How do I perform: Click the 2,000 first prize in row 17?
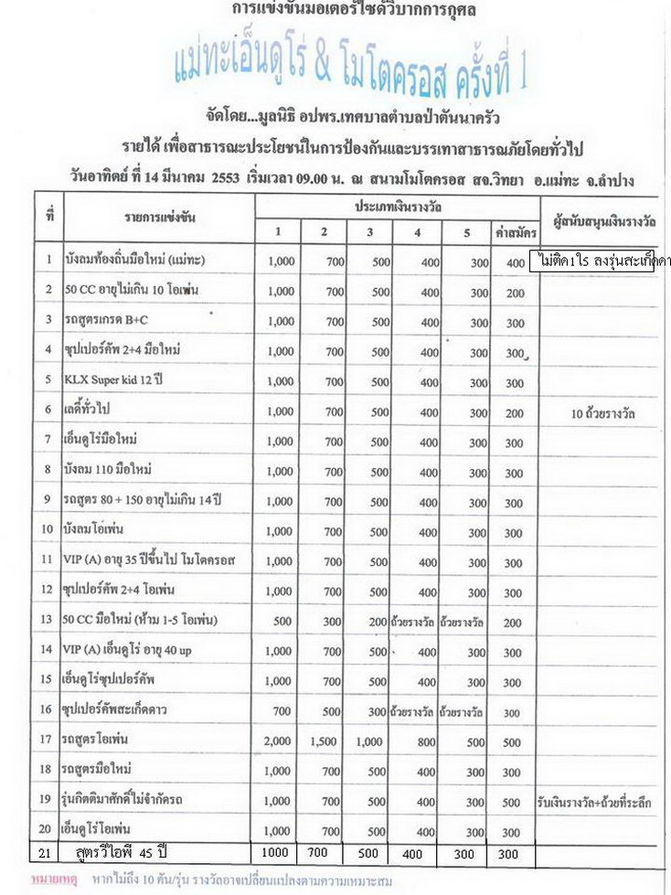tap(281, 741)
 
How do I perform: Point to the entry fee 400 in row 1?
tap(515, 261)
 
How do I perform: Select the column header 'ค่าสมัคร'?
tap(516, 232)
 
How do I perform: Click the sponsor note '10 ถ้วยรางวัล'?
tap(602, 412)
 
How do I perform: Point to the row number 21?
tap(48, 854)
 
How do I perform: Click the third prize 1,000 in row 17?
tap(368, 741)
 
